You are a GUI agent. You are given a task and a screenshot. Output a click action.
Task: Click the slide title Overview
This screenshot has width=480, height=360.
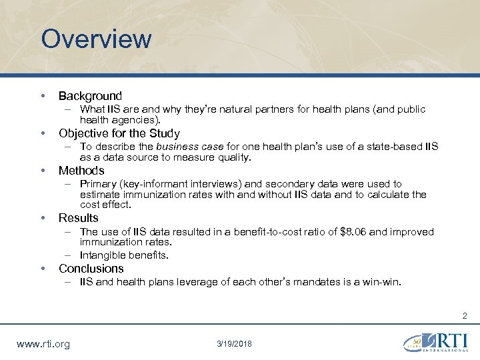[x=96, y=39]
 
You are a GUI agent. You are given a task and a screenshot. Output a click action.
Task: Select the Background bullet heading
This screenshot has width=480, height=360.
[x=90, y=96]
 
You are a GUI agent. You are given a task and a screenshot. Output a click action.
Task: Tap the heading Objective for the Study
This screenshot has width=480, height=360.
[x=119, y=133]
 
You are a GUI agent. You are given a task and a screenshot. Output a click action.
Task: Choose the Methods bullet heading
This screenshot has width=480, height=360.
[x=81, y=171]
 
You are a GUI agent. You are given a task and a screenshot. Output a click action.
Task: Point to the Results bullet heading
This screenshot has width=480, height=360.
[x=78, y=218]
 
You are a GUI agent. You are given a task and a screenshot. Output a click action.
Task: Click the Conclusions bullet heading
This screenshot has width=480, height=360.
[x=91, y=269]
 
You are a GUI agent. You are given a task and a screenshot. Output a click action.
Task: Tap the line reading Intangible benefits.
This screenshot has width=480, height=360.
[x=124, y=255]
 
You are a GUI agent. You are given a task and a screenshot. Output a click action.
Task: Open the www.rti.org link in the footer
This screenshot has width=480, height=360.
[x=42, y=345]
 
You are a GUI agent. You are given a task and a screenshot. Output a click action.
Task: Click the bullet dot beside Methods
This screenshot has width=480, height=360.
[x=43, y=171]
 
